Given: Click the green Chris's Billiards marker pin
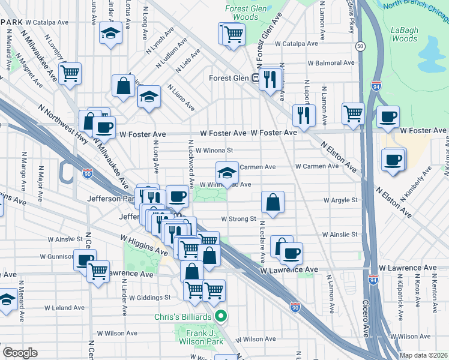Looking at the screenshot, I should coord(221,315).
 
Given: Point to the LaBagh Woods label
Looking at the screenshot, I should coord(403,34).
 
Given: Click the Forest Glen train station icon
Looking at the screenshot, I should coord(255,77).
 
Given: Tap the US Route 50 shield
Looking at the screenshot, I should coord(360,46).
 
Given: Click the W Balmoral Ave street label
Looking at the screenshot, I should coord(330,62).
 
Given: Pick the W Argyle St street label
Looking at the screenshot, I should coord(340,200).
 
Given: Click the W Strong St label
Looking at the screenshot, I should coord(238,219).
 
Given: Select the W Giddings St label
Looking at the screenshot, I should coord(150,297).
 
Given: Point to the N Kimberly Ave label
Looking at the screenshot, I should coord(418,183).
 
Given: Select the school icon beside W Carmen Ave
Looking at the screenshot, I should coord(226,173).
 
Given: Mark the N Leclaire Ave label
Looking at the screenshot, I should coord(262,240).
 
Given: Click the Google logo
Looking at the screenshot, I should coord(20,353).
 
